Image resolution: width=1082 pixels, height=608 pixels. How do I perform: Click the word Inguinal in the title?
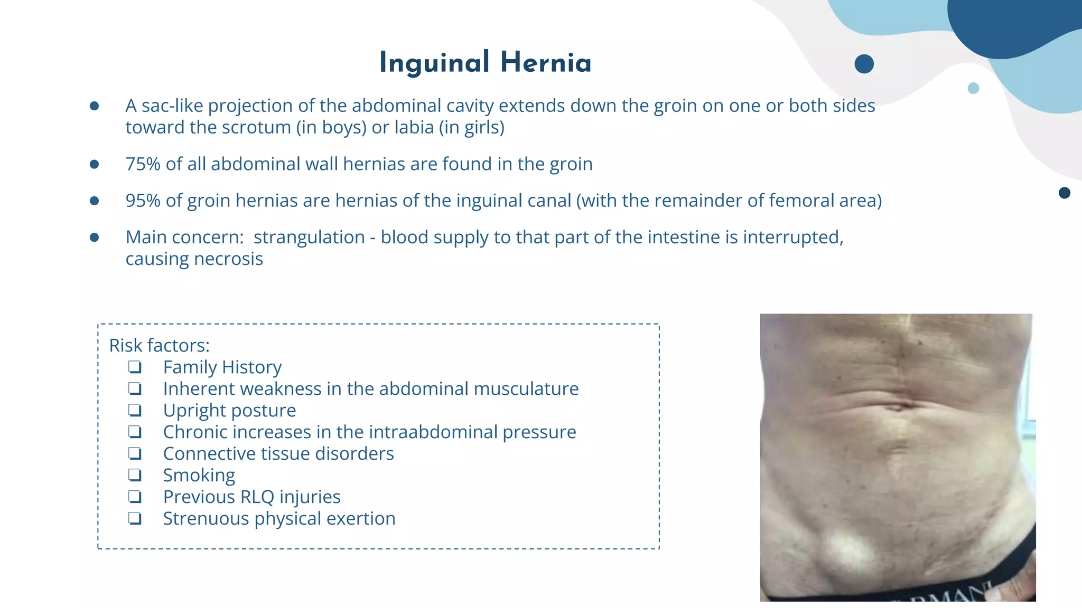coord(434,63)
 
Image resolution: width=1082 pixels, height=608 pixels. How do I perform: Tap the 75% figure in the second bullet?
coord(143,164)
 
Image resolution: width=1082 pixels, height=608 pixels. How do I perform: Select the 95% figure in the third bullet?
coord(143,201)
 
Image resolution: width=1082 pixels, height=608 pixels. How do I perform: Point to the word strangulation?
coord(309,237)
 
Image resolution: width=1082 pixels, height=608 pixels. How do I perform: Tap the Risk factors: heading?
coord(159,346)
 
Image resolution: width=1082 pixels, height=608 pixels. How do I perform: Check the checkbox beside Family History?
coord(135,367)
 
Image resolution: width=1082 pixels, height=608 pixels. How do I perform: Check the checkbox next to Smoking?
coord(135,475)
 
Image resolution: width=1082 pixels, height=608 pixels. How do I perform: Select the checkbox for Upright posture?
coord(135,410)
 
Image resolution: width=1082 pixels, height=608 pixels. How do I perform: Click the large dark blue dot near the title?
coord(864,64)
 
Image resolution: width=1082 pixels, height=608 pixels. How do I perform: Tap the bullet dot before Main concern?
coord(95,237)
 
